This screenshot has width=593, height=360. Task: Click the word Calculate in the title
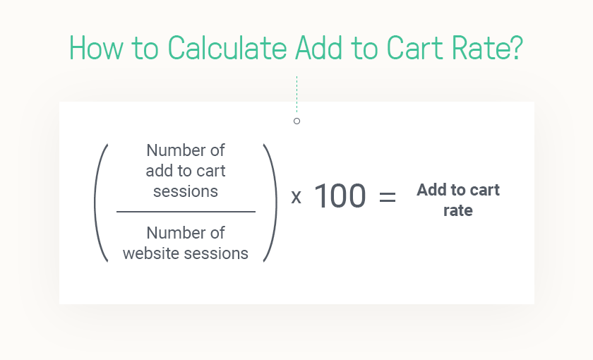(227, 48)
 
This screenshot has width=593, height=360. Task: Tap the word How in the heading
(96, 48)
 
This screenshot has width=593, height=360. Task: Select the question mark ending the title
(516, 48)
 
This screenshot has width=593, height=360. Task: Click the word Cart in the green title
(414, 48)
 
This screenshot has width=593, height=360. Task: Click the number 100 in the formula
(340, 196)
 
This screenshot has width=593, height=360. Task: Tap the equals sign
(388, 197)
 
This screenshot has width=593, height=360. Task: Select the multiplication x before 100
(296, 197)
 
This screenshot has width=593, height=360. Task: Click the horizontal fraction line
(186, 212)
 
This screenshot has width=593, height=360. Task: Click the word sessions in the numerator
(186, 191)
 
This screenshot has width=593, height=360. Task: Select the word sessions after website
(215, 253)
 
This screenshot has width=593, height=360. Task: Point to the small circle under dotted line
(297, 121)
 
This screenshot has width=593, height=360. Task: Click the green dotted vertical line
(297, 94)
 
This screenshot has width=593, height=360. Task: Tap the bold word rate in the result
(458, 210)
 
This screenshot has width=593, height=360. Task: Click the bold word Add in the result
(431, 190)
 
